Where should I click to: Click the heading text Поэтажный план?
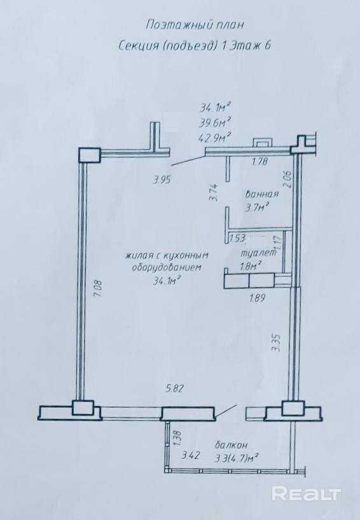pos(195,25)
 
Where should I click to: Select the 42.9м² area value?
pos(215,136)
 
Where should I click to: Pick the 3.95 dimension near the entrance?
pos(162,180)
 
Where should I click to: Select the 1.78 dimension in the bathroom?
pos(260,162)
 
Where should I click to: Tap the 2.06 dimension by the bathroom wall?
pos(287,179)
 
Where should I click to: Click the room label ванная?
pos(262,193)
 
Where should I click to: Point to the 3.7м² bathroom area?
pos(256,207)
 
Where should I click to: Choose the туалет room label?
pos(258,253)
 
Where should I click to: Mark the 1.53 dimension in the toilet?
pos(238,238)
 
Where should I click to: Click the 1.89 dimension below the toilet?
pos(257,298)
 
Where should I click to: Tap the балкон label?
pos(231,445)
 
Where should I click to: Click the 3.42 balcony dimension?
pos(191,455)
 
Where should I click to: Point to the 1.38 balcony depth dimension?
pos(176,437)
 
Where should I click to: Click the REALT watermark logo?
pos(307,493)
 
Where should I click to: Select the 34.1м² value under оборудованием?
pos(167,281)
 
